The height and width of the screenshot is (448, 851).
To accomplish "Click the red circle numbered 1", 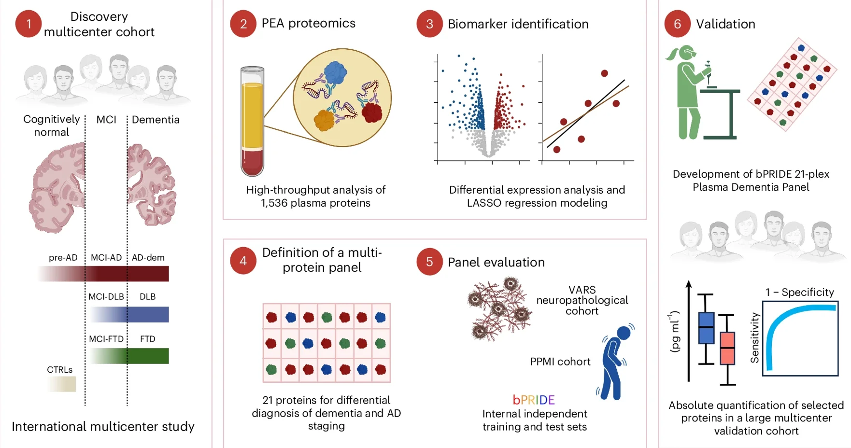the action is pyautogui.click(x=28, y=24).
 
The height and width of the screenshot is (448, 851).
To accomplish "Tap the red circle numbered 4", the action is pyautogui.click(x=243, y=261).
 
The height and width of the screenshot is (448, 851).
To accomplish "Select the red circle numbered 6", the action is pyautogui.click(x=677, y=24).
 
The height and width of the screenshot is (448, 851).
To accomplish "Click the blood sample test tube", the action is pyautogui.click(x=252, y=121).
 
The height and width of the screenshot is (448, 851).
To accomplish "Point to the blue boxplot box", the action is pyautogui.click(x=706, y=328).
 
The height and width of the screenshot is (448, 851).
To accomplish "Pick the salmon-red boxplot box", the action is pyautogui.click(x=727, y=348).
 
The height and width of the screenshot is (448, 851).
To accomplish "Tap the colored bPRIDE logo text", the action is pyautogui.click(x=534, y=400).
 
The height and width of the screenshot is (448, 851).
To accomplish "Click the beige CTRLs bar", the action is pyautogui.click(x=62, y=384).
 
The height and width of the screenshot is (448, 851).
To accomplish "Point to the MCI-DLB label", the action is pyautogui.click(x=106, y=296).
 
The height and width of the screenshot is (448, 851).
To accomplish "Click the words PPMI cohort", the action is pyautogui.click(x=560, y=362).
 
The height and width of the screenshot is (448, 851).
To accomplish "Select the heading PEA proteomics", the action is pyautogui.click(x=308, y=23).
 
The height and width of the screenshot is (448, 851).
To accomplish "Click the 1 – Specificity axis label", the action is pyautogui.click(x=799, y=292).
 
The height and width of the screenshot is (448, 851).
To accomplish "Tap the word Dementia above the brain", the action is pyautogui.click(x=156, y=119).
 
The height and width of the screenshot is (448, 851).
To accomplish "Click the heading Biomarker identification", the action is pyautogui.click(x=518, y=24).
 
